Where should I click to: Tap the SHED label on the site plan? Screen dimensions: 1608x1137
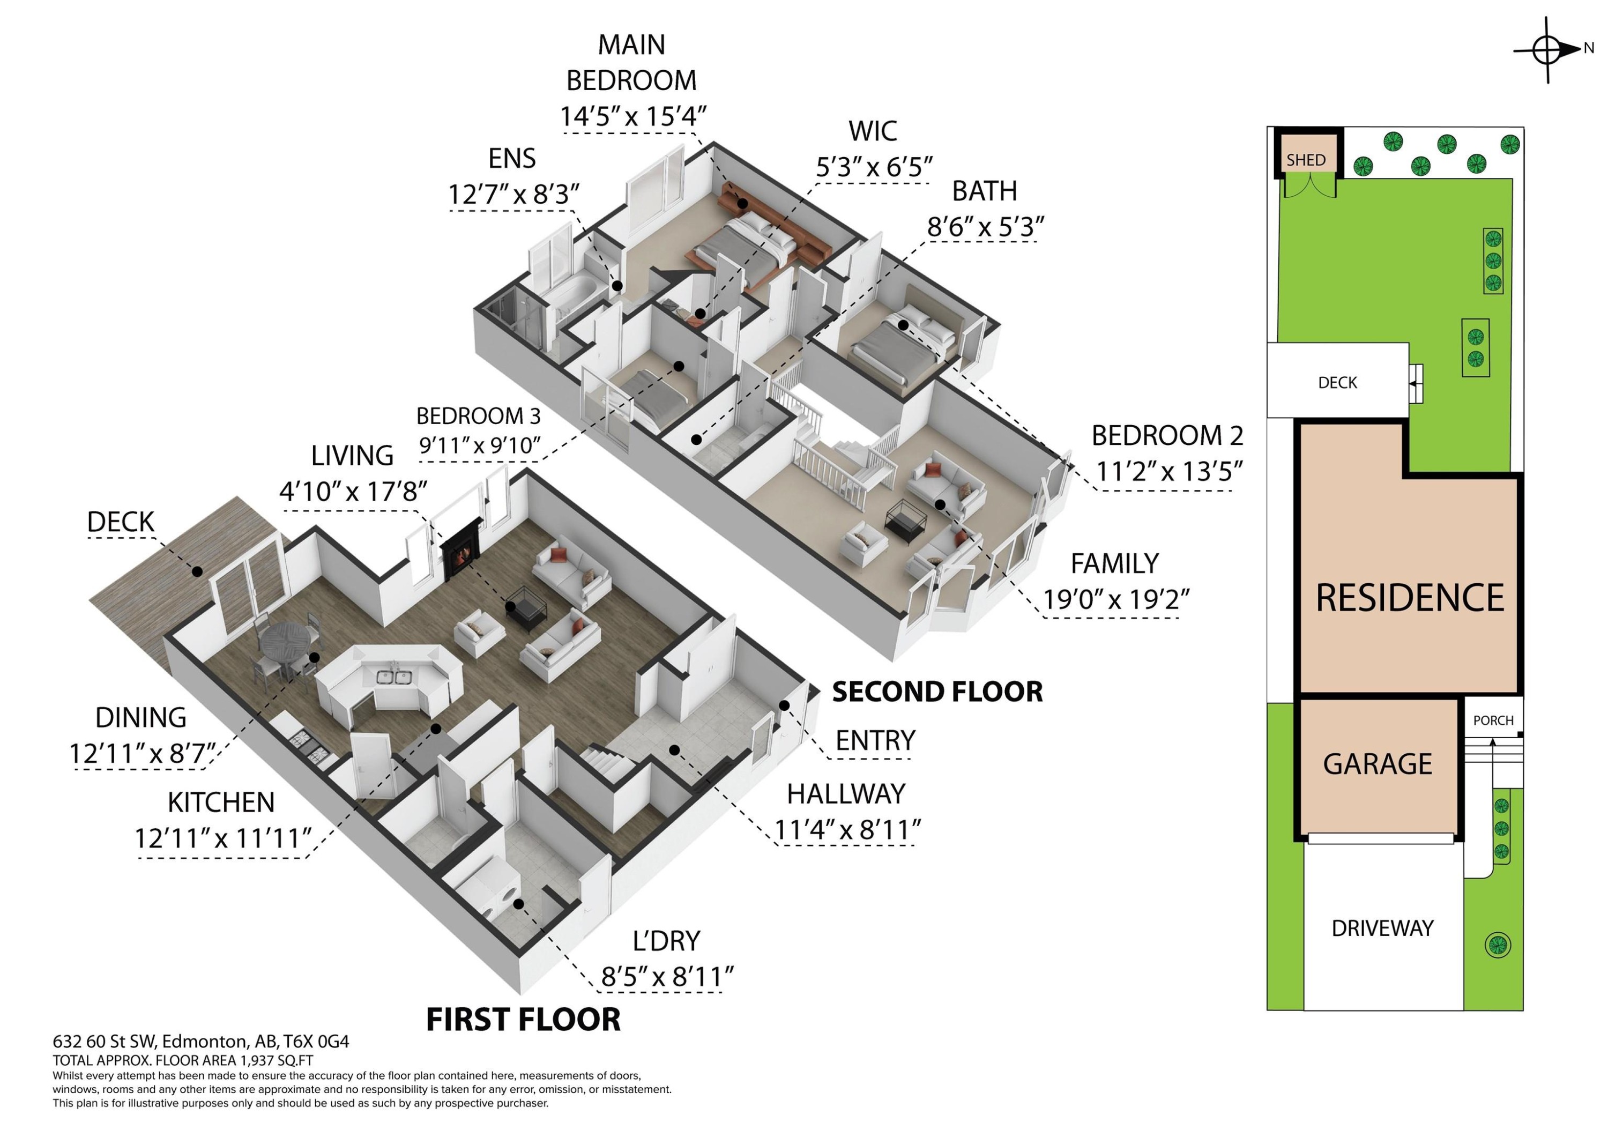[x=1306, y=160]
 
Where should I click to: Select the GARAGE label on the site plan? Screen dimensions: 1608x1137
[x=1377, y=763]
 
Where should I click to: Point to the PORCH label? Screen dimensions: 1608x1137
[x=1493, y=720]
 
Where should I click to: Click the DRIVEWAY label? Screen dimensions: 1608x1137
[x=1382, y=928]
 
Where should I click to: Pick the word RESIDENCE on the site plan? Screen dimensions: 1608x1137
[x=1410, y=598]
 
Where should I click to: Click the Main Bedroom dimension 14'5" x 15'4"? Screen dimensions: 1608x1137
[x=632, y=116]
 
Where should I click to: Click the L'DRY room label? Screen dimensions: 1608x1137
[x=666, y=941]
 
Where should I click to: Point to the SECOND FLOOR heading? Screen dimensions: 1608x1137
[x=937, y=692]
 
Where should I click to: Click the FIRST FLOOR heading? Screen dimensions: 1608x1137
[x=523, y=1019]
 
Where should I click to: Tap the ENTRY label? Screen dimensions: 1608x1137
[x=875, y=740]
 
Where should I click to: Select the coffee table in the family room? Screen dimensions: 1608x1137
[x=906, y=522]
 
